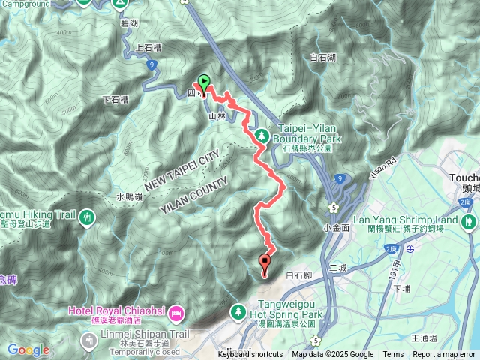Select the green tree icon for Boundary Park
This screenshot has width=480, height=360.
click(262, 135)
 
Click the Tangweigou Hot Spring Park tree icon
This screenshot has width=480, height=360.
click(237, 310)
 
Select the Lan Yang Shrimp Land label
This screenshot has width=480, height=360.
click(404, 220)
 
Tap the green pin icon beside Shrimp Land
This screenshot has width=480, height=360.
click(469, 221)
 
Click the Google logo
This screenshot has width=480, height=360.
click(28, 349)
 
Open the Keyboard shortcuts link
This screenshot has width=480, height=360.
click(250, 355)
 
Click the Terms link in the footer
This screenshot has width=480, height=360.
click(393, 355)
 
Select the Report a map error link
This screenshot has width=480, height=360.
click(444, 355)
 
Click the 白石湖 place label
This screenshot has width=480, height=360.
click(322, 57)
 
